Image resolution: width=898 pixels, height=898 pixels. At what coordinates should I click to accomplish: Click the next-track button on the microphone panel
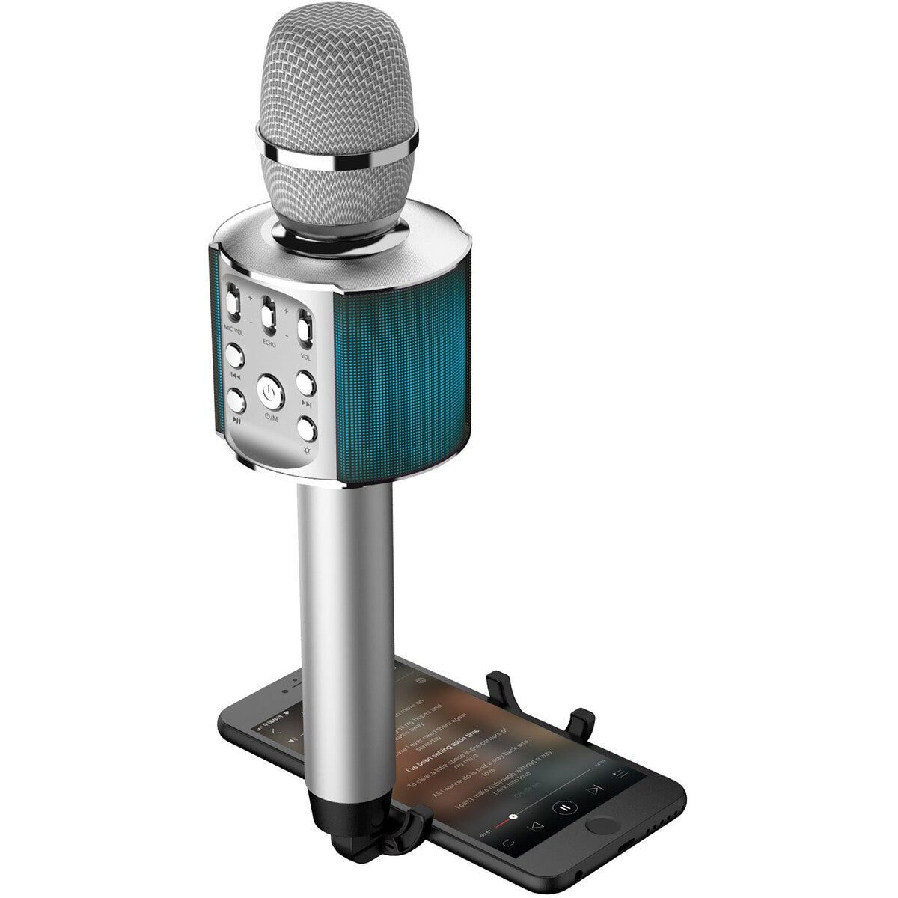[305, 382]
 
